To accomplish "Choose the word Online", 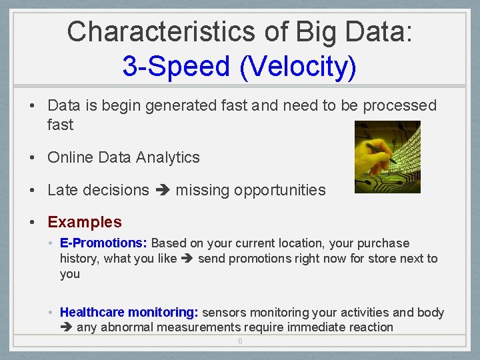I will pos(70,157).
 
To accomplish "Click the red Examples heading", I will pos(85,222).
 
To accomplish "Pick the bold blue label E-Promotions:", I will pos(104,243).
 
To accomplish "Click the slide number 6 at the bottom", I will pos(240,342).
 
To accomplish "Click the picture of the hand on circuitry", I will pos(387,157).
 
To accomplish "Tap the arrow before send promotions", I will pos(187,259).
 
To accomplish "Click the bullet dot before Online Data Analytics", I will pos(32,158).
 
